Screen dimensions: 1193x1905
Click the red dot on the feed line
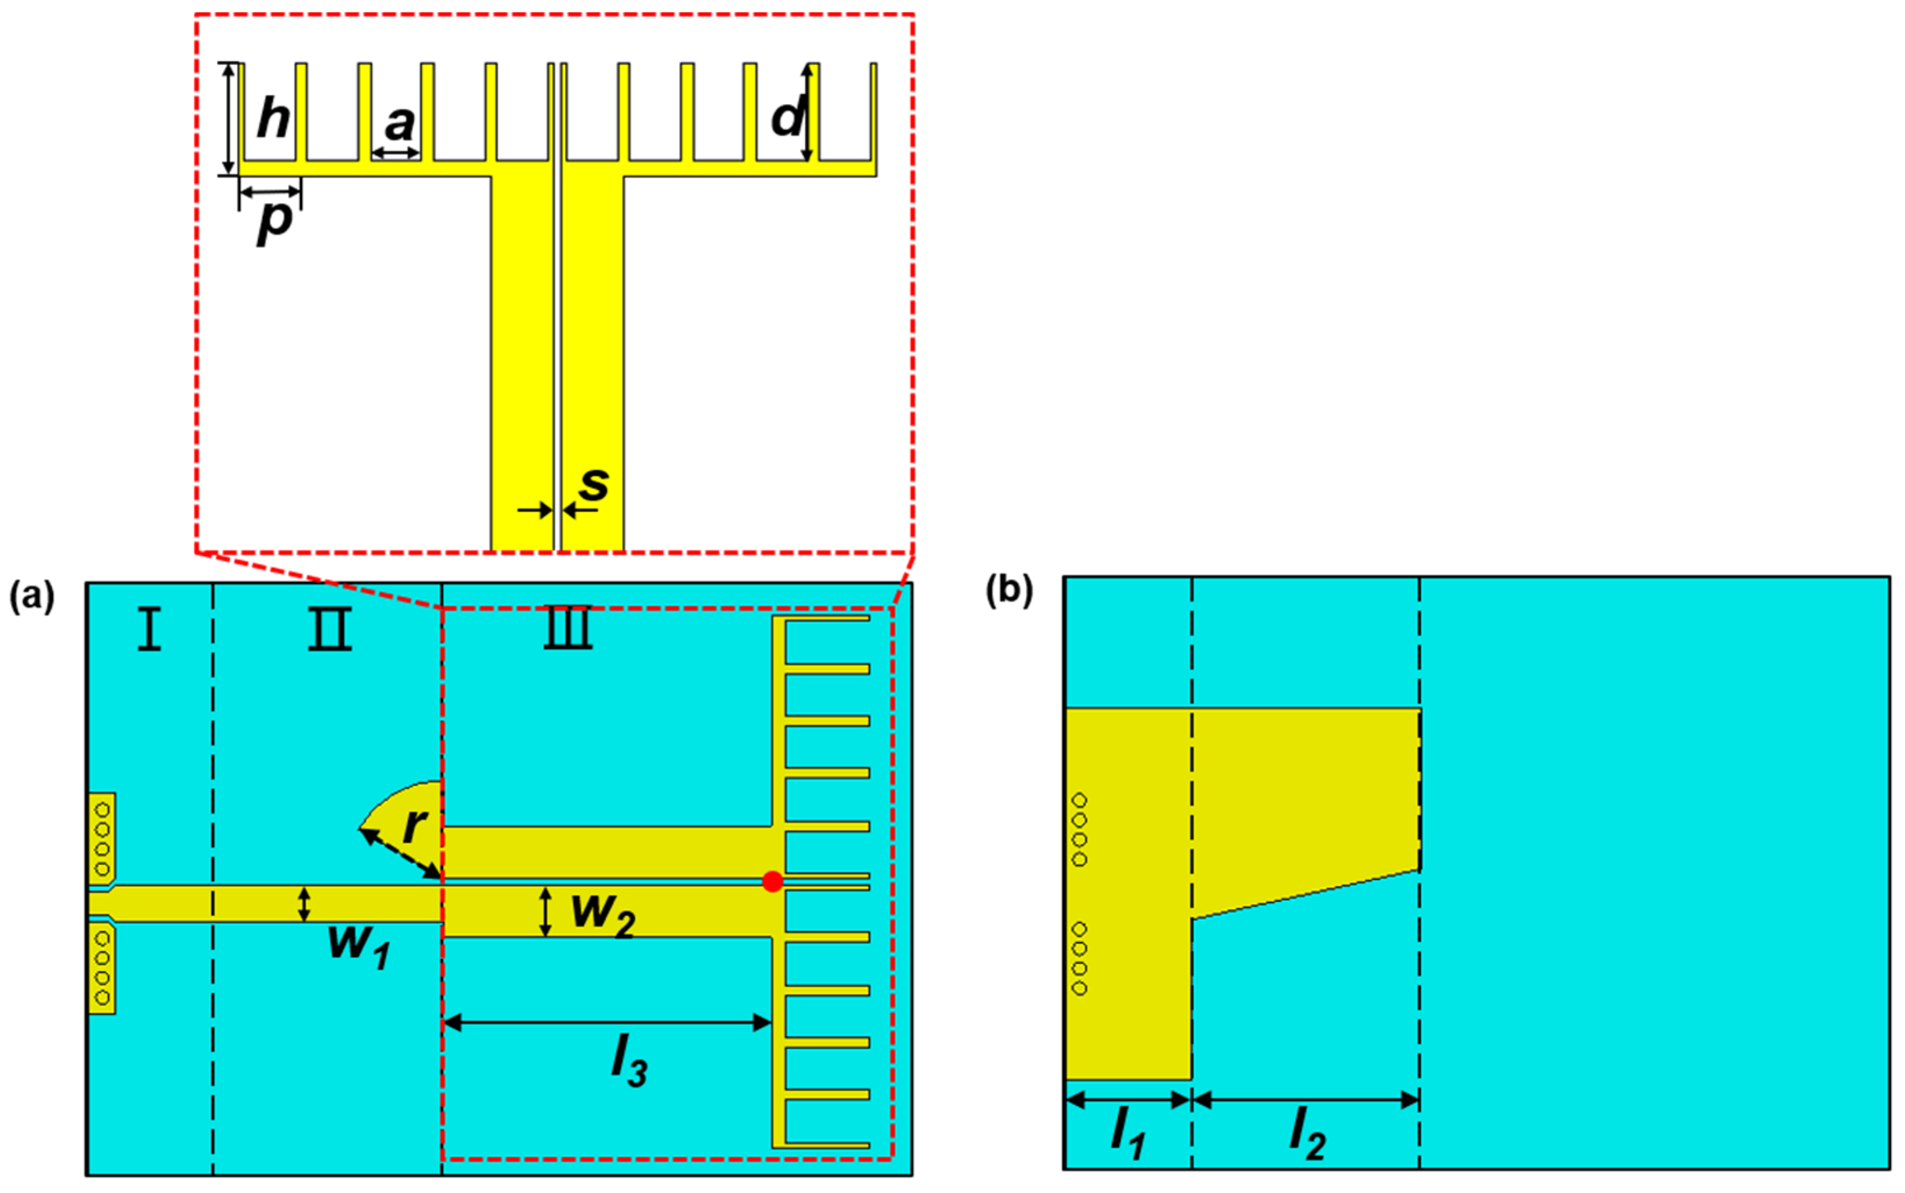(x=773, y=881)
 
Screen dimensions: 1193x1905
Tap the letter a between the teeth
(x=399, y=124)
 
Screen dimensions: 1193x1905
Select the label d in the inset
(x=787, y=118)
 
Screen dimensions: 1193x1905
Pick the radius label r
(x=414, y=825)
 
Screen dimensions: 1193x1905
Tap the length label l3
(x=629, y=1061)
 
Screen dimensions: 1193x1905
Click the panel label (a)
(x=31, y=597)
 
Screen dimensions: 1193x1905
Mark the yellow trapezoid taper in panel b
(x=1302, y=797)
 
